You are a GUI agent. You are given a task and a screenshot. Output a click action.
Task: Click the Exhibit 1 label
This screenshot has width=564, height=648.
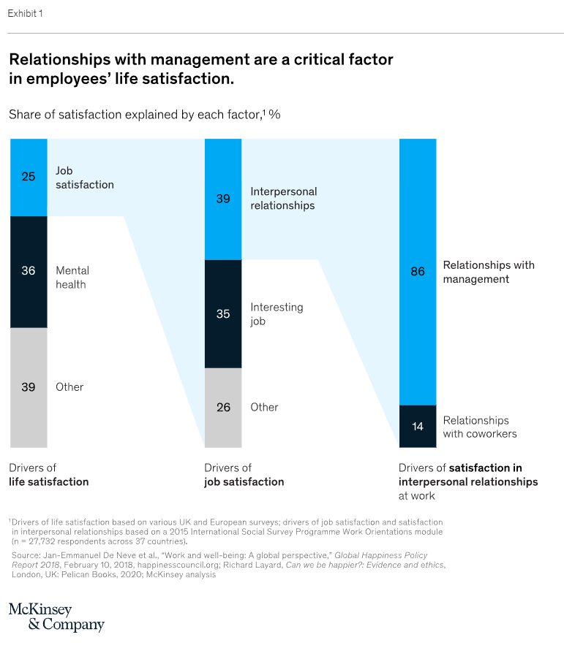(25, 13)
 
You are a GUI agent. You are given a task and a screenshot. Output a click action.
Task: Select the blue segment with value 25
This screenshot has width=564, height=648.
(29, 177)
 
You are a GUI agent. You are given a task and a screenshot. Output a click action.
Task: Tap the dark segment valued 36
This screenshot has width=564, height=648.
(29, 271)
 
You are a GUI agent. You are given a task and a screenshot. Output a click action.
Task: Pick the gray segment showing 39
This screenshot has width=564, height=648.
(29, 387)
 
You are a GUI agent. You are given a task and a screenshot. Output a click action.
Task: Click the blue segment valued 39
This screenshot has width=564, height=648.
(223, 199)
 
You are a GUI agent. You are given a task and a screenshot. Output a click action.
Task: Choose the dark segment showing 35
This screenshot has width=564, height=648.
(223, 313)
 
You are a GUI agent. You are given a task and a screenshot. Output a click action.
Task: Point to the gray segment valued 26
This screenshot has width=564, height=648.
(223, 407)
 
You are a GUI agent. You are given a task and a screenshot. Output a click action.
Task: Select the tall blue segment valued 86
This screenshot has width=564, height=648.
(418, 272)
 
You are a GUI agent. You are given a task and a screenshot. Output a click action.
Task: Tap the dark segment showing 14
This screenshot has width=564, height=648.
(418, 426)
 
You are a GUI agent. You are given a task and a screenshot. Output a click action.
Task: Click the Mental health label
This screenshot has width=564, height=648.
(72, 278)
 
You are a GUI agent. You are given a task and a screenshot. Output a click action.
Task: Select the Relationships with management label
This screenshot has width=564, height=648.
(489, 272)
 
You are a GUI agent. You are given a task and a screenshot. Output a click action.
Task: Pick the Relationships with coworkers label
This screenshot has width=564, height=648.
(479, 427)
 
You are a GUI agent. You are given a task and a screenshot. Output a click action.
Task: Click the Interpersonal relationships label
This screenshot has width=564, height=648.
(283, 199)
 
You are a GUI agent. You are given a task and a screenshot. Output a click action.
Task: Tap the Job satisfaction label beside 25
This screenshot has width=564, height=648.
(84, 178)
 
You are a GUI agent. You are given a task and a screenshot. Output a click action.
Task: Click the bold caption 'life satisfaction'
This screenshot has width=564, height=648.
(48, 481)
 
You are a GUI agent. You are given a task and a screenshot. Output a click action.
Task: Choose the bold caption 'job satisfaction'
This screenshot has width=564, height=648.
(244, 481)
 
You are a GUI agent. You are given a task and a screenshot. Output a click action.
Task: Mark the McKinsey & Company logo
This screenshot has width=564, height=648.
(56, 617)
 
